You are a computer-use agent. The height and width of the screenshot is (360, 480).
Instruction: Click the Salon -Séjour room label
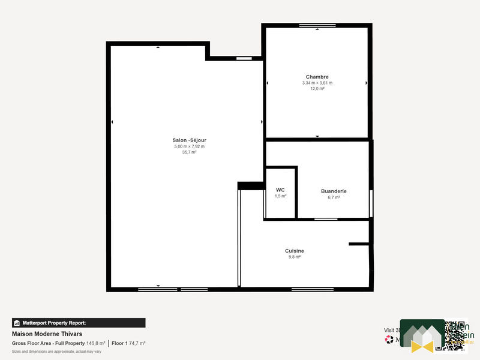(189, 140)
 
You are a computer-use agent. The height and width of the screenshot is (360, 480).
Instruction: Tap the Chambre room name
(317, 77)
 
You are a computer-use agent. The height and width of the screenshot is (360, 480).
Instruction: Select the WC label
(280, 190)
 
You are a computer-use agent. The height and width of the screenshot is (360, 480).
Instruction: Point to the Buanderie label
(334, 191)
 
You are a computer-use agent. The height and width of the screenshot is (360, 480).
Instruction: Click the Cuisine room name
(294, 251)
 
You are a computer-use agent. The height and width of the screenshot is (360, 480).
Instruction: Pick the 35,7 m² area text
(189, 152)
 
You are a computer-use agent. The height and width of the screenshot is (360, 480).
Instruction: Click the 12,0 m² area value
(317, 89)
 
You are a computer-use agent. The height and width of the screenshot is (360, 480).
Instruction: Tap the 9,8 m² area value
(294, 257)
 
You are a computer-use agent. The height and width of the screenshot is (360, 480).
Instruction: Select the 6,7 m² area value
(334, 197)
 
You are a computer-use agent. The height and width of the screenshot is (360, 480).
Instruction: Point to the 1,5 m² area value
(280, 196)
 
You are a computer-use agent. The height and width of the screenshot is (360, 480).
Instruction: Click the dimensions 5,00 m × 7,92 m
(189, 146)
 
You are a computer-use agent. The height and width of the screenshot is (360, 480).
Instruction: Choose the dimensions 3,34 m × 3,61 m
(317, 83)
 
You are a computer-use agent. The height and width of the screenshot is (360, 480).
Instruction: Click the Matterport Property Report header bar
(79, 323)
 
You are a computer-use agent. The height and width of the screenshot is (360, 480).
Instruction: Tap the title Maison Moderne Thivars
(47, 334)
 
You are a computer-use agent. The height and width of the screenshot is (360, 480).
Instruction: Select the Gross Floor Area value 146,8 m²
(96, 343)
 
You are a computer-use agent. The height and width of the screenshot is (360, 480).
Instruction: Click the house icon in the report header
(17, 323)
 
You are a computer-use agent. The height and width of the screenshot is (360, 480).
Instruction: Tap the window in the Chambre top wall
(317, 25)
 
